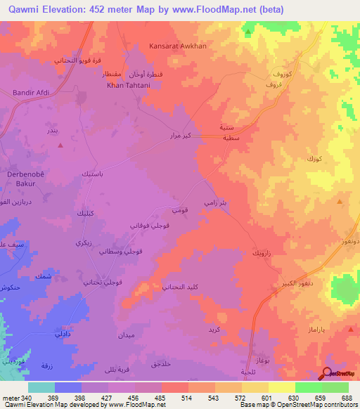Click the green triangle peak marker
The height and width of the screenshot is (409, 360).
(x=248, y=32)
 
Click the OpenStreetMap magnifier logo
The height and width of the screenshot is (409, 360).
(x=327, y=374)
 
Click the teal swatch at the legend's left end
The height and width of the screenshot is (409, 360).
(x=41, y=387)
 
